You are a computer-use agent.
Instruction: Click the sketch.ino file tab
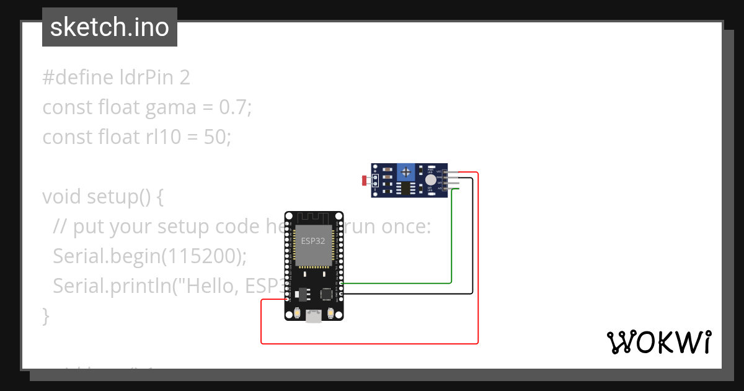[110, 27]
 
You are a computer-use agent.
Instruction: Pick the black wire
[472, 248]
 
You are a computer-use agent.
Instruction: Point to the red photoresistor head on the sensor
[364, 181]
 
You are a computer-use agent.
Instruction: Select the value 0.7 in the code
[234, 107]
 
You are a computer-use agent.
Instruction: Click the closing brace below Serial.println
[45, 315]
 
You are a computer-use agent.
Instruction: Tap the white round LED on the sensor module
[430, 180]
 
